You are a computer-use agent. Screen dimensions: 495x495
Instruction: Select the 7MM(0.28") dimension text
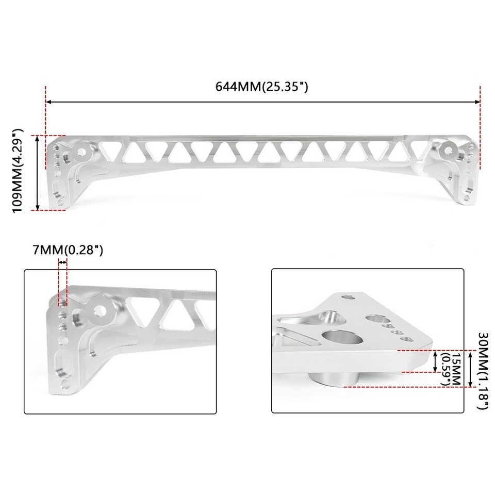[x=69, y=251]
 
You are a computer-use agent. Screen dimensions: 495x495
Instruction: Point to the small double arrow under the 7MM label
[x=62, y=262]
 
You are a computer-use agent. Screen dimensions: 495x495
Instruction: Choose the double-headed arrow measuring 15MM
[x=436, y=361]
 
